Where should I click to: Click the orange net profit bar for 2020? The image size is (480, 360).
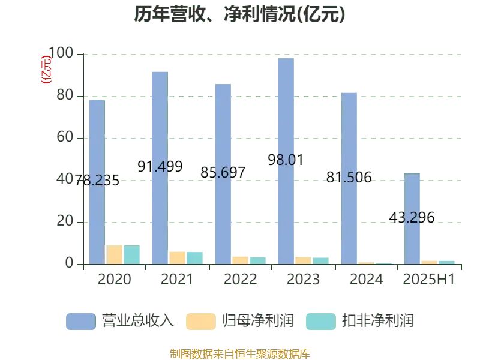coord(114,254)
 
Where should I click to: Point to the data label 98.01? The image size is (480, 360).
coord(286,160)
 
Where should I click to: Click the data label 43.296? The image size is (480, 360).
coord(412,218)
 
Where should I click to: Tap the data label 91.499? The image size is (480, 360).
coord(160,167)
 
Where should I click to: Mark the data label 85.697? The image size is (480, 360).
coord(223,173)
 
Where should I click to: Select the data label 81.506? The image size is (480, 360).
coord(349,178)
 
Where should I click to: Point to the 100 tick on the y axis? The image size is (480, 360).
coord(60,54)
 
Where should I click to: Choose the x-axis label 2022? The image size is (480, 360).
coord(240,280)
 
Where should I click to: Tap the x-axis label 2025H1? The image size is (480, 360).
coord(428,280)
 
